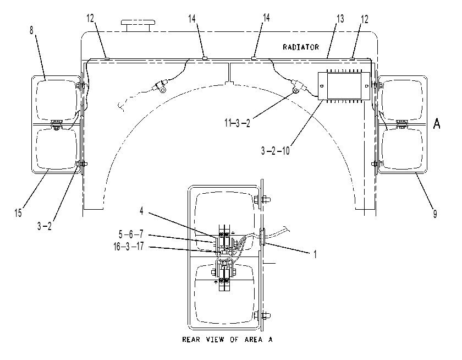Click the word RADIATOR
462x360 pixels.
300,47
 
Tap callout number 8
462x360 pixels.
31,30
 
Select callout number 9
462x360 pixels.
435,214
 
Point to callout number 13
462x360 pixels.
340,19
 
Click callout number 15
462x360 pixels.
18,212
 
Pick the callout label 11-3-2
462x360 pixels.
237,123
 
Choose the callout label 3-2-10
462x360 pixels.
275,151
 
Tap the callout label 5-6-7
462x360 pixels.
131,234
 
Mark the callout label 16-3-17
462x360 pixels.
129,246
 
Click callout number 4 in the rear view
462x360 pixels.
141,211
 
